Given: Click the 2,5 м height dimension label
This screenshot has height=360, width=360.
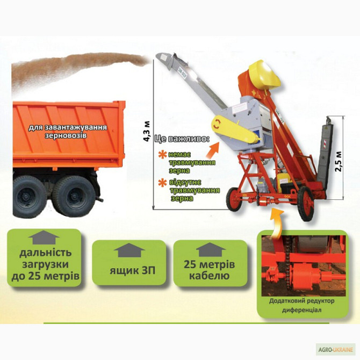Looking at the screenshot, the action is click(339, 161).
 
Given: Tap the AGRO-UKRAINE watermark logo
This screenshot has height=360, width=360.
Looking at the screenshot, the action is click(335, 350).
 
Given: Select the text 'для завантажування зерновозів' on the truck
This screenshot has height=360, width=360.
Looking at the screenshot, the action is click(68, 131).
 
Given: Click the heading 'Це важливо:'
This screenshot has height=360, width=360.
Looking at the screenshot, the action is click(182, 139).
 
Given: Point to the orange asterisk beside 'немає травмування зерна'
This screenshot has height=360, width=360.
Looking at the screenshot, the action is click(163, 155).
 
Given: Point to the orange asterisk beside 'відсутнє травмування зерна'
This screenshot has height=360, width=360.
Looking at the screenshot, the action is click(163, 183).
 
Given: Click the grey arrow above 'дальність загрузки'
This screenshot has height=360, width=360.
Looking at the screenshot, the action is click(44, 237).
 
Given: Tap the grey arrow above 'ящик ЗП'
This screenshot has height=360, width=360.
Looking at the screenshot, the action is click(129, 250).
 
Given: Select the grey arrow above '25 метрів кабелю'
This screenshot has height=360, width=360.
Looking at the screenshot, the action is click(211, 249).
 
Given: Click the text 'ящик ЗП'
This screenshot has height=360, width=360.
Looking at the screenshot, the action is click(133, 270).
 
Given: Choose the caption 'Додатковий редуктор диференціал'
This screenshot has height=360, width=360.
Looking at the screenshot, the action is click(301, 305).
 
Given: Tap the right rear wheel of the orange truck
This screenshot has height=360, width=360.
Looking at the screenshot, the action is click(74, 196).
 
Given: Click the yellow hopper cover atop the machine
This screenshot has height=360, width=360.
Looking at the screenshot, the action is click(264, 74).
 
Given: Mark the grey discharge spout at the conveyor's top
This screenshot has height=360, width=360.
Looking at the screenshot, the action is click(166, 59).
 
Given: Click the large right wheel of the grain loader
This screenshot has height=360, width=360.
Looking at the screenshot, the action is click(305, 204).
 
